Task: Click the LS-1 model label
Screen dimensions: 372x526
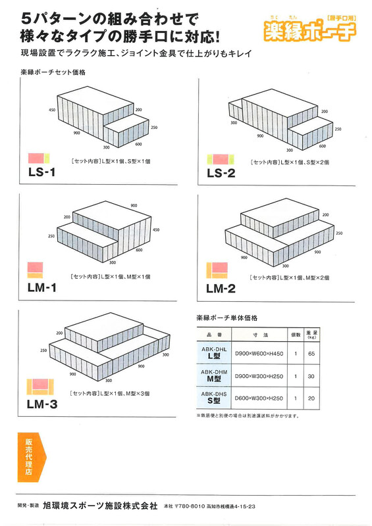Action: (x=41, y=172)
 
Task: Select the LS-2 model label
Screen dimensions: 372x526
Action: (x=221, y=173)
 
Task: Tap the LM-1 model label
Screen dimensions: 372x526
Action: (x=42, y=287)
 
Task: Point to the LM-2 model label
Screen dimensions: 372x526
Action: (x=221, y=289)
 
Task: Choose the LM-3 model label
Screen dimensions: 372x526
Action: (x=42, y=404)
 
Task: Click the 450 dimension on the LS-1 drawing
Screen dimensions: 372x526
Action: (x=52, y=110)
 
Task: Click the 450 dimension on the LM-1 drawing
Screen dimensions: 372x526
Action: (x=156, y=229)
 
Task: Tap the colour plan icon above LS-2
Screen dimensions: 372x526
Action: (x=221, y=159)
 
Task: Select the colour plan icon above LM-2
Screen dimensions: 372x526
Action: (x=217, y=270)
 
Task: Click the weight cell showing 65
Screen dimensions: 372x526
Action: (x=311, y=354)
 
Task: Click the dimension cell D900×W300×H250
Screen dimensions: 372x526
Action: (x=259, y=376)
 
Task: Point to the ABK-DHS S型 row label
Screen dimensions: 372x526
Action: (x=214, y=398)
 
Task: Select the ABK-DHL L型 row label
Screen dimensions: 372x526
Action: (x=214, y=353)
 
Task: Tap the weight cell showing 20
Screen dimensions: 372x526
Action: (x=311, y=398)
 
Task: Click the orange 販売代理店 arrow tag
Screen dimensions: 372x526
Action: (x=32, y=457)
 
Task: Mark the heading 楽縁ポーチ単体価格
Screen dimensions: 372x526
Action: (x=227, y=318)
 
